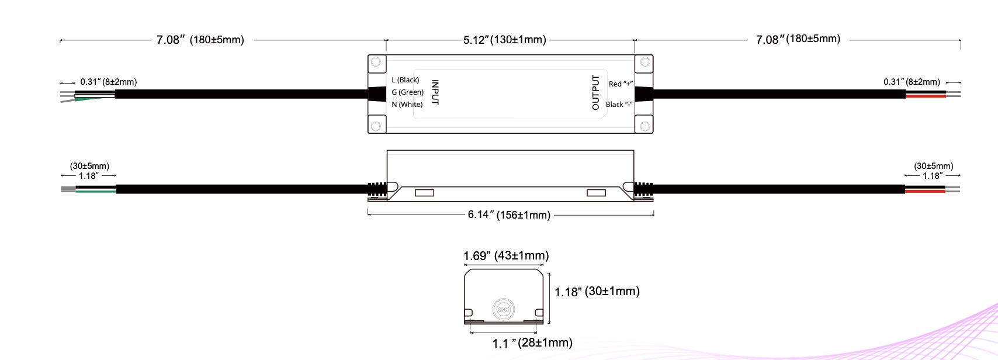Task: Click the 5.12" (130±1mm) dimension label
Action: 504,40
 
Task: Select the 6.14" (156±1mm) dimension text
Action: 509,214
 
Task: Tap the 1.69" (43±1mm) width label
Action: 505,255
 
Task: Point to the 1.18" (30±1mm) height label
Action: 597,292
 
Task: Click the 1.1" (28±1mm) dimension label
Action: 532,342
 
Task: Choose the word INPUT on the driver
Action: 435,93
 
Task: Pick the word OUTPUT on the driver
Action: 595,92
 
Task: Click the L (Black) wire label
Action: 406,79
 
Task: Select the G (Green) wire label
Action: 408,92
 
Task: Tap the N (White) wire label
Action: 407,104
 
